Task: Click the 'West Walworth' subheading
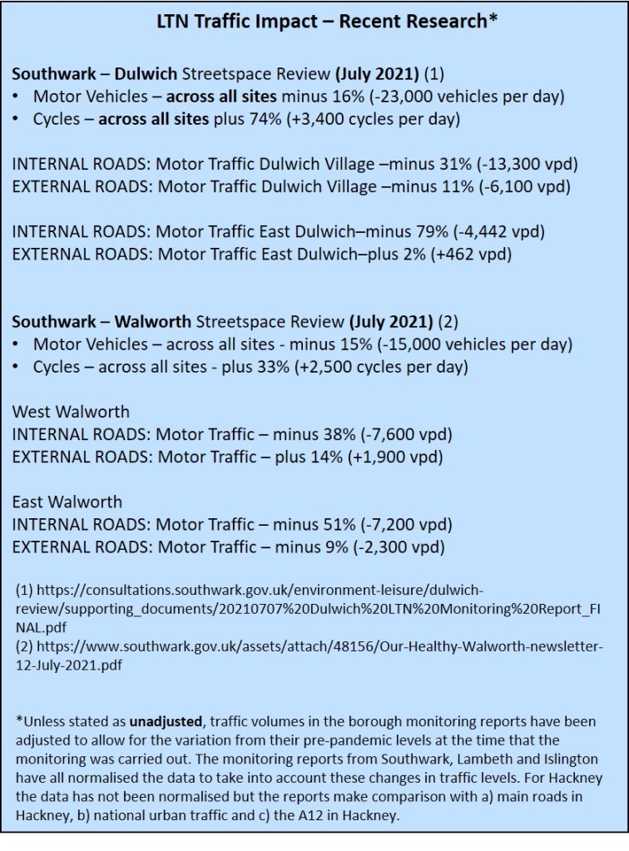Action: [x=71, y=412]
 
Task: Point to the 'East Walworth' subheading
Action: [x=67, y=502]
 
